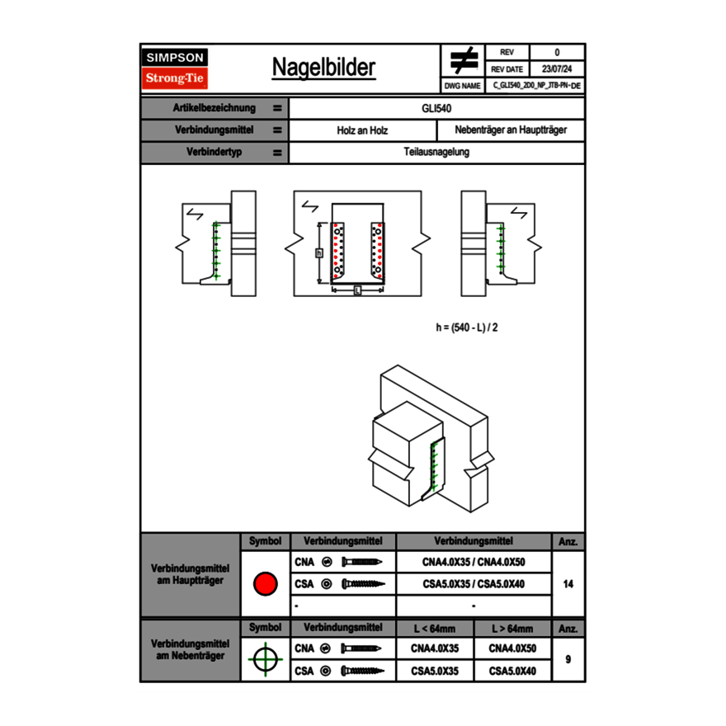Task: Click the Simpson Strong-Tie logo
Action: (176, 68)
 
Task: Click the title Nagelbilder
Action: (323, 68)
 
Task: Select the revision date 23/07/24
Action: (557, 69)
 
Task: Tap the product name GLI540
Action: (436, 108)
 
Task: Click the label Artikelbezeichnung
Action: (214, 108)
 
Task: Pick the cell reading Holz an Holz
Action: (362, 130)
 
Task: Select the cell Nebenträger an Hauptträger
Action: (511, 130)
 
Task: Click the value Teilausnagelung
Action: (436, 153)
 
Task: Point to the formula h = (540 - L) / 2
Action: (467, 327)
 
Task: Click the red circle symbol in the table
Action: (265, 584)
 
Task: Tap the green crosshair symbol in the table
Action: (265, 659)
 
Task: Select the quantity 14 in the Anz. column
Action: (568, 584)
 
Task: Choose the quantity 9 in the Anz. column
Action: (568, 659)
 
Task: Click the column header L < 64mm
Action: (435, 629)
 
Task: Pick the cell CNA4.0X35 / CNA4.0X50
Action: (474, 562)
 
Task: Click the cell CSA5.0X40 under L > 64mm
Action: (512, 672)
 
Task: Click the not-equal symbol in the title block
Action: (464, 60)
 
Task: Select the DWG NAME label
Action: (462, 86)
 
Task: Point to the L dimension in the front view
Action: (357, 290)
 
